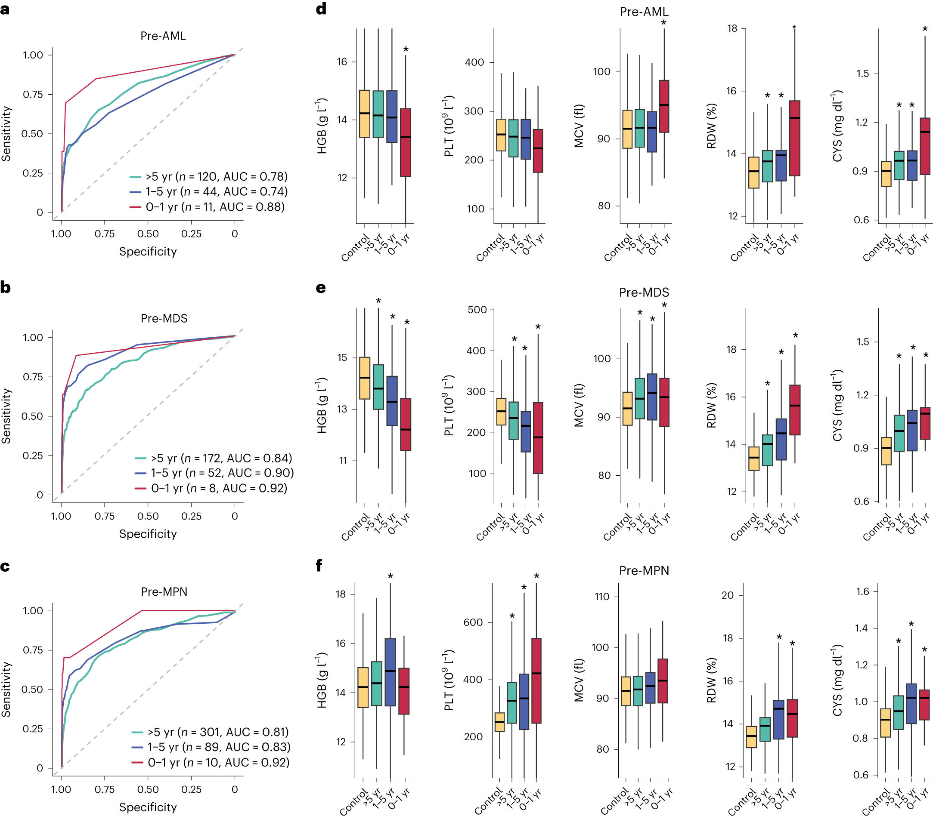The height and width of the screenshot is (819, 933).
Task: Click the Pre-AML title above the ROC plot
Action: coord(163,36)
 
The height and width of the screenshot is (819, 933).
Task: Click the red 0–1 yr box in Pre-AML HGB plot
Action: coord(405,142)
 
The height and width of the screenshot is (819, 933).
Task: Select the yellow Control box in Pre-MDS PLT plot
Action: coord(501,412)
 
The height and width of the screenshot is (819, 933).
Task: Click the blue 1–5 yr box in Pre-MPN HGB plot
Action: coord(390,672)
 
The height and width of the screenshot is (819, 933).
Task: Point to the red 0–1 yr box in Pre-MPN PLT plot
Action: coord(536,681)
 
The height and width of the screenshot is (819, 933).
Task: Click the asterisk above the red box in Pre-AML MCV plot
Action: coord(663,23)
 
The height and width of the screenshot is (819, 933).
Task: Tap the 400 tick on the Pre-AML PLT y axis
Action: coord(474,62)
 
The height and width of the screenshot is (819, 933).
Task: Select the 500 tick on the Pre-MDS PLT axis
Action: coord(477,310)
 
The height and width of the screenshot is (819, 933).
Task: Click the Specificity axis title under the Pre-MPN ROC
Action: coord(148,807)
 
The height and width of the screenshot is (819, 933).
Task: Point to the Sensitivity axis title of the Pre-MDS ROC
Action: coord(6,416)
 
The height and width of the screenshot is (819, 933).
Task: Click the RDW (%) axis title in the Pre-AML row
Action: coord(711,126)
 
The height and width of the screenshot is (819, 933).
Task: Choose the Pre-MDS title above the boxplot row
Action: coord(644,292)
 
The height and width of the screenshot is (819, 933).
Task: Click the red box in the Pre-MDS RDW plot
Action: coord(795,410)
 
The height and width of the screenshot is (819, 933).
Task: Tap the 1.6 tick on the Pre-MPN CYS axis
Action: coord(863,592)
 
